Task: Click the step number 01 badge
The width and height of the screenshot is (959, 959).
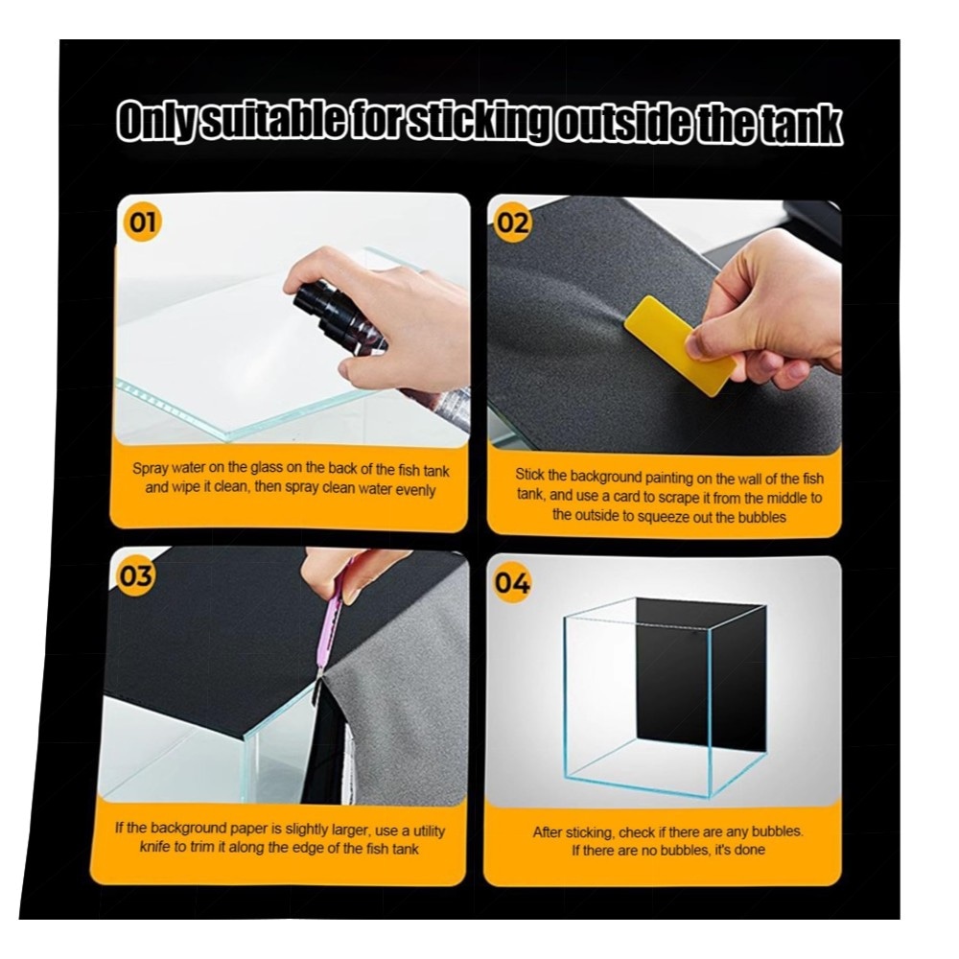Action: click(x=143, y=222)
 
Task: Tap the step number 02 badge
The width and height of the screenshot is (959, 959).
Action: click(x=512, y=223)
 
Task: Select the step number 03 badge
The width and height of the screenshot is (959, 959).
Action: click(x=135, y=575)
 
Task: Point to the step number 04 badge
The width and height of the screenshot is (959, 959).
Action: click(x=512, y=583)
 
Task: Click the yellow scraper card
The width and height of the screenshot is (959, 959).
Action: click(x=680, y=345)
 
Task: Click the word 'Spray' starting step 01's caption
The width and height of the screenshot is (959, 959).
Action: click(x=151, y=469)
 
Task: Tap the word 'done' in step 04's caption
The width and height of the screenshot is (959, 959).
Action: click(x=750, y=850)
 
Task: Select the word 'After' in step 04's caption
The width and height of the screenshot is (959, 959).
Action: click(x=548, y=832)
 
